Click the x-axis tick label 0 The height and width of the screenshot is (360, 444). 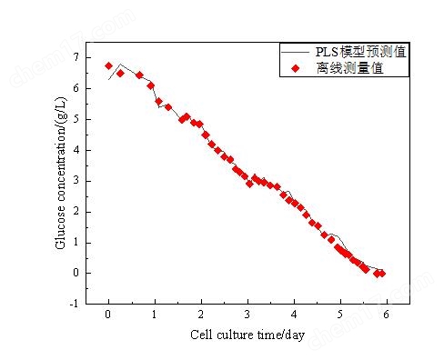108,315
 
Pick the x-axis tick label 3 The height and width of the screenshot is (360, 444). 247,315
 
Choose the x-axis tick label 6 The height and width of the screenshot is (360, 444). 387,315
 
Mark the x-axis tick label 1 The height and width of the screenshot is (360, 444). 155,315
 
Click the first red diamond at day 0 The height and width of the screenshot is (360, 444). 108,65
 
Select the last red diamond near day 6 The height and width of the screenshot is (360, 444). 382,273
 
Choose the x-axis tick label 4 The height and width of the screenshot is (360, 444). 294,315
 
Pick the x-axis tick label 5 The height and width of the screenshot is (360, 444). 340,315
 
